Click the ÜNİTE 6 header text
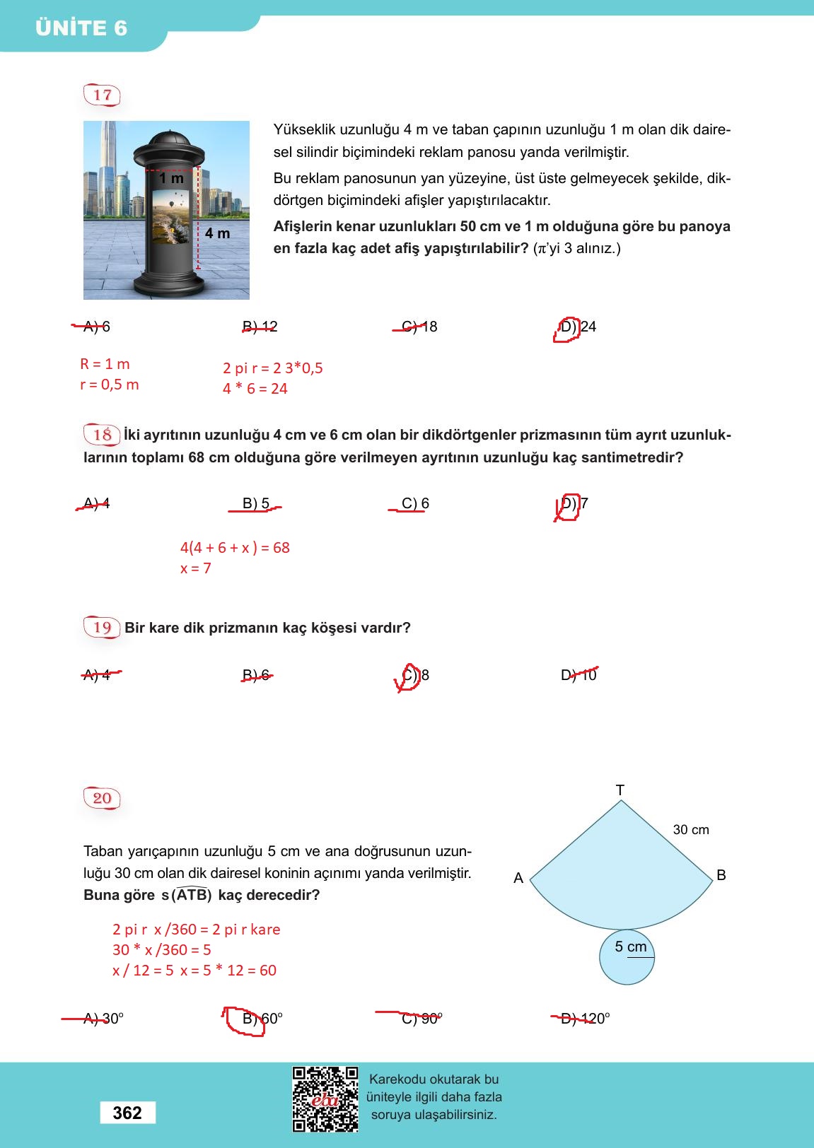pos(81,28)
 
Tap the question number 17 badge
pos(103,95)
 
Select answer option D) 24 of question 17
pos(578,327)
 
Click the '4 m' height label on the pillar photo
pos(218,233)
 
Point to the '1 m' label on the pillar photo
pos(171,179)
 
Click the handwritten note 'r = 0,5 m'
pos(110,385)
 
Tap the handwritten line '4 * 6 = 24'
pos(255,389)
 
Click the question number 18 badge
pos(103,434)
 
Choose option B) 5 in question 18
pos(256,503)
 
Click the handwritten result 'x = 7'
pos(196,568)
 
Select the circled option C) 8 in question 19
pos(415,675)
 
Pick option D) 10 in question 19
pos(578,675)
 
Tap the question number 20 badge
pos(103,798)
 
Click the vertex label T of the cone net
pos(620,790)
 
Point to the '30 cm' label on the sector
pos(691,830)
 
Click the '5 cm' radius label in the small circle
pos(631,947)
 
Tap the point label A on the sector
pos(518,878)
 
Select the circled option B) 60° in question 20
pos(262,1019)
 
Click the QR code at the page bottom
pos(325,1099)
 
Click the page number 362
pos(127,1113)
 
